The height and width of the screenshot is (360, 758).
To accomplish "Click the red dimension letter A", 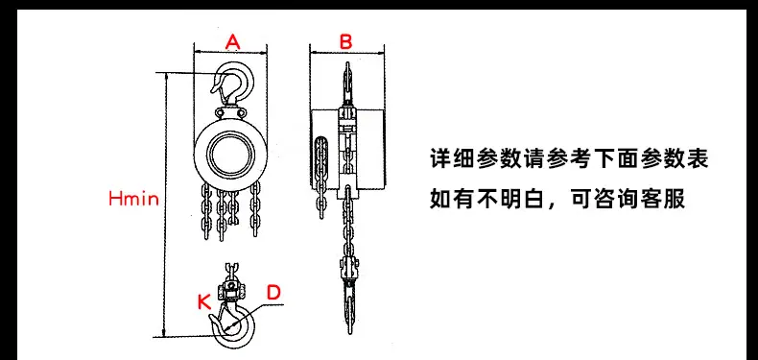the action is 232,42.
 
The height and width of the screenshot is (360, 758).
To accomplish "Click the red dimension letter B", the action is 345,42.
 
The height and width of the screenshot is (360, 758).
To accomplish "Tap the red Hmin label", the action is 134,199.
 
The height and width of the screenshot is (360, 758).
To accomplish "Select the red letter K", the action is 204,302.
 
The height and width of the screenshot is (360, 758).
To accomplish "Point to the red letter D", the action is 273,292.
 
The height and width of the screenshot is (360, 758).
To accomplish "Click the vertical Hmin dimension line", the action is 166,204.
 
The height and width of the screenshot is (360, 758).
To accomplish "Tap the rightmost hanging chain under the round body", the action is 255,210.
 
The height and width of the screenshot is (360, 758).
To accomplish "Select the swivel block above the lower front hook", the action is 231,287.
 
